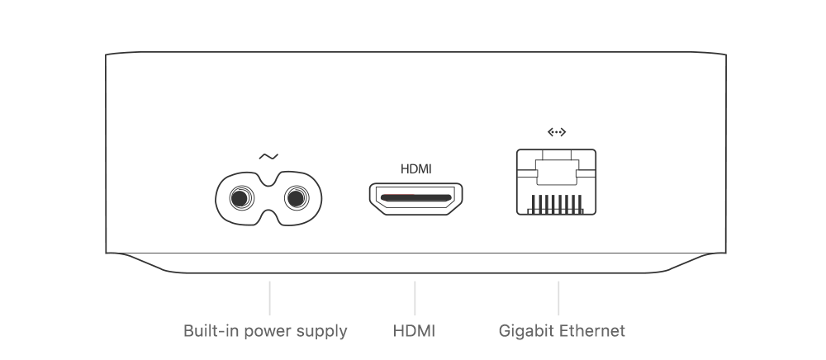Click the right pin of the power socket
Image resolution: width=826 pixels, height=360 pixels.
(x=295, y=197)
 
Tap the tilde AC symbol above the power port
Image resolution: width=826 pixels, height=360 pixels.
(x=268, y=155)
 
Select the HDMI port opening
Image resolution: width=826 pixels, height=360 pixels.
(x=415, y=198)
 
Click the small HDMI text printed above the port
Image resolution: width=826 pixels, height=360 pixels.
(x=415, y=169)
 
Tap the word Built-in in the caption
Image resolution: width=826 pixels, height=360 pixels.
(x=211, y=332)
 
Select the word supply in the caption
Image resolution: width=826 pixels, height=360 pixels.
(x=323, y=332)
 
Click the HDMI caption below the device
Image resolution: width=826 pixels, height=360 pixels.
(x=415, y=332)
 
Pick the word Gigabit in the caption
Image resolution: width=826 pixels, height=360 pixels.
(x=526, y=332)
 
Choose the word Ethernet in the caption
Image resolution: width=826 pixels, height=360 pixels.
(x=592, y=332)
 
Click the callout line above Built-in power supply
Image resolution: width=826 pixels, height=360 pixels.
(x=270, y=297)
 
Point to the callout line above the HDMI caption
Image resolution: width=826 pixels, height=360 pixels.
(x=415, y=297)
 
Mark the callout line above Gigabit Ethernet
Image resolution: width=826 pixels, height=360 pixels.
(x=559, y=297)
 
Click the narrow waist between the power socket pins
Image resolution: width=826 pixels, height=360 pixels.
(x=268, y=197)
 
